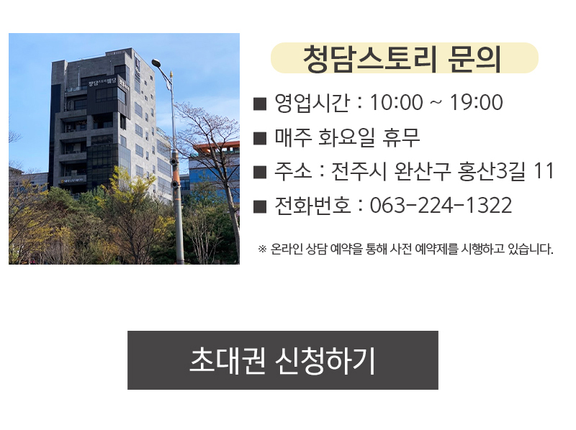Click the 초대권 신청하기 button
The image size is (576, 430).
[x=283, y=360]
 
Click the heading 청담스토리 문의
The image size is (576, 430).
[x=402, y=59]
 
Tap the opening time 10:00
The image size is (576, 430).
[x=396, y=102]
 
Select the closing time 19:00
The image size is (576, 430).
[x=476, y=102]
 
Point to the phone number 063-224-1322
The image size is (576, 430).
[x=441, y=205]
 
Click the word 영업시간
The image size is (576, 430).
[x=312, y=102]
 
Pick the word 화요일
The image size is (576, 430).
[x=346, y=137]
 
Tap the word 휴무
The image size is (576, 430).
[x=401, y=137]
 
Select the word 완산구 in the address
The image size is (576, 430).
[x=423, y=171]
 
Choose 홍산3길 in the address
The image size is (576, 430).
[x=492, y=171]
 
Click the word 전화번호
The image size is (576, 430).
[x=312, y=205]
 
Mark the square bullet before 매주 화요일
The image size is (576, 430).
[x=260, y=139]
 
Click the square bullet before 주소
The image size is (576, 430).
[x=260, y=173]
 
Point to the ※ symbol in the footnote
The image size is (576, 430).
[x=262, y=249]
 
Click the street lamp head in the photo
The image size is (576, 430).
[x=157, y=63]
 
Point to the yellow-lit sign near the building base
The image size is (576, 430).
[x=73, y=180]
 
